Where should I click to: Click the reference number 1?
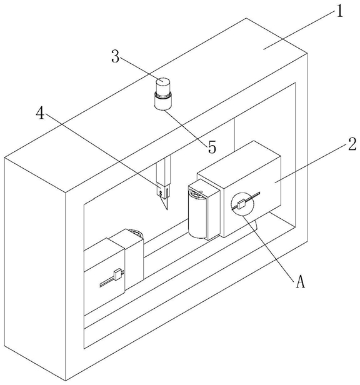(339, 11)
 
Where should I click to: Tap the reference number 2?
(352, 144)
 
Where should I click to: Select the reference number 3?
(116, 56)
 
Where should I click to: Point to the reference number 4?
(40, 113)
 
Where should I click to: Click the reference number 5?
(212, 147)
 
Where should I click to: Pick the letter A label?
(300, 281)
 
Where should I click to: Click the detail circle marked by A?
(242, 204)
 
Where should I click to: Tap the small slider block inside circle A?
(242, 204)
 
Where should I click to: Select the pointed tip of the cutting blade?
(167, 209)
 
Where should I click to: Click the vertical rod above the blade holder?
(164, 171)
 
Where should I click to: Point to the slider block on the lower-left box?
(118, 274)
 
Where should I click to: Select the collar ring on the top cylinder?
(162, 94)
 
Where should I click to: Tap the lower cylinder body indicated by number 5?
(162, 102)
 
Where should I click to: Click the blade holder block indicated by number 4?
(163, 190)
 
